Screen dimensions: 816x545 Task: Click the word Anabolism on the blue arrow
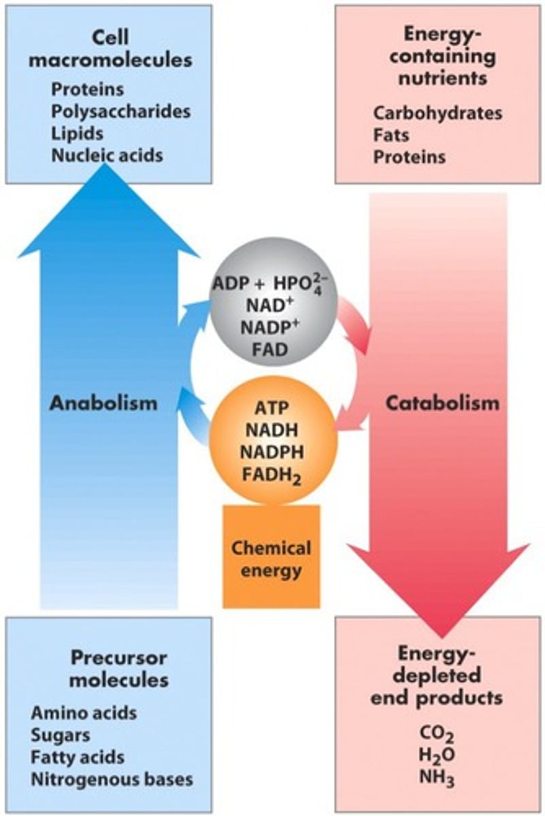[x=103, y=403]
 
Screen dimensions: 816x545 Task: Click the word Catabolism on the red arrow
[x=442, y=403]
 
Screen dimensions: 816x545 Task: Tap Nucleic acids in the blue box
[x=108, y=155]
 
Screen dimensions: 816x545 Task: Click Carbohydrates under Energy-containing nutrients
[x=437, y=113]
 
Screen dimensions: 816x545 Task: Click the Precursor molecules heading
[x=119, y=668]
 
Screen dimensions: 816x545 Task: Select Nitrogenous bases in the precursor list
[x=112, y=779]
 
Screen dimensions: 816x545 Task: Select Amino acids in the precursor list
[x=84, y=713]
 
